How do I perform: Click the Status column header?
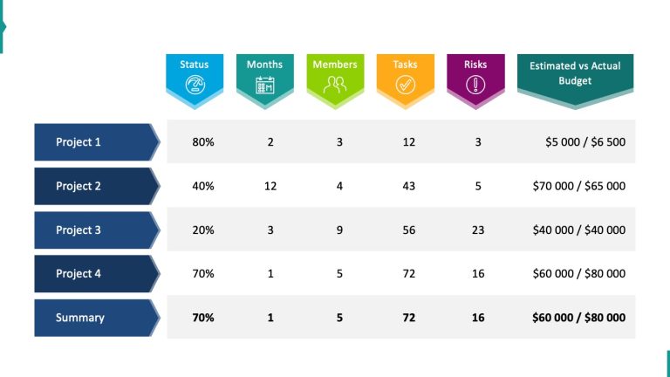point(195,65)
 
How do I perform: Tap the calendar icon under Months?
point(264,85)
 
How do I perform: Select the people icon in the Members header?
point(335,85)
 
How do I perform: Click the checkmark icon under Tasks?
point(405,85)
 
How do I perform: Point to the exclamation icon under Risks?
point(475,85)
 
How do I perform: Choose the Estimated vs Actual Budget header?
point(575,73)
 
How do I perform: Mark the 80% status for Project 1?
point(203,141)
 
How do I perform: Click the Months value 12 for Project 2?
point(270,186)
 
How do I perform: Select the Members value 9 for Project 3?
point(339,230)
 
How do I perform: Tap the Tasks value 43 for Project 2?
point(408,186)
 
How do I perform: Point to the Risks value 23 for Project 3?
point(478,230)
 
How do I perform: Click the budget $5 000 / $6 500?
point(585,141)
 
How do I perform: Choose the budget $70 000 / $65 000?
point(578,186)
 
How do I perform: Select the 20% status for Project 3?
point(203,230)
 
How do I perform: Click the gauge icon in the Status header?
point(195,85)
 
